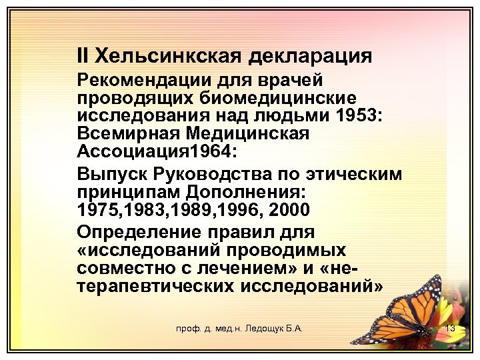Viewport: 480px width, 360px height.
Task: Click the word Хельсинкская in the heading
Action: pos(167,55)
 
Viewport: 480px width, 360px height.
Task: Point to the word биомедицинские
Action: pos(278,98)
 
